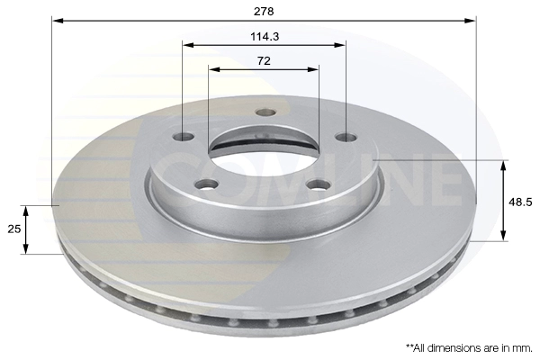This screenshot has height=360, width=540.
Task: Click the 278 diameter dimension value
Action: pyautogui.click(x=264, y=11)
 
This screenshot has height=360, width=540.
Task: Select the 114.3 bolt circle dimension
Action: pyautogui.click(x=264, y=36)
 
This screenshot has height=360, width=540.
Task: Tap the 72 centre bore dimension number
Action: pyautogui.click(x=264, y=60)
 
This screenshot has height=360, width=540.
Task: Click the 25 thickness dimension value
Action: pyautogui.click(x=13, y=229)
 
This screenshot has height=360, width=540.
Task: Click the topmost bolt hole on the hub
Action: pyautogui.click(x=264, y=112)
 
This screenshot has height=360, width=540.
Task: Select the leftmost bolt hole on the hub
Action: pyautogui.click(x=184, y=137)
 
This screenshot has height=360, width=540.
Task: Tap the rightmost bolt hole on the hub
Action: pyautogui.click(x=345, y=137)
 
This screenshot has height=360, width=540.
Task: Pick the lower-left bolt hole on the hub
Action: pyautogui.click(x=208, y=185)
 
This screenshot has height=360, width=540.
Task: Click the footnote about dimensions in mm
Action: pyautogui.click(x=468, y=346)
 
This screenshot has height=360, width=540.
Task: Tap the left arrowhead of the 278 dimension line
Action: pyautogui.click(x=57, y=19)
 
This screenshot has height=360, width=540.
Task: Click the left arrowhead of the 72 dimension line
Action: pyautogui.click(x=212, y=68)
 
